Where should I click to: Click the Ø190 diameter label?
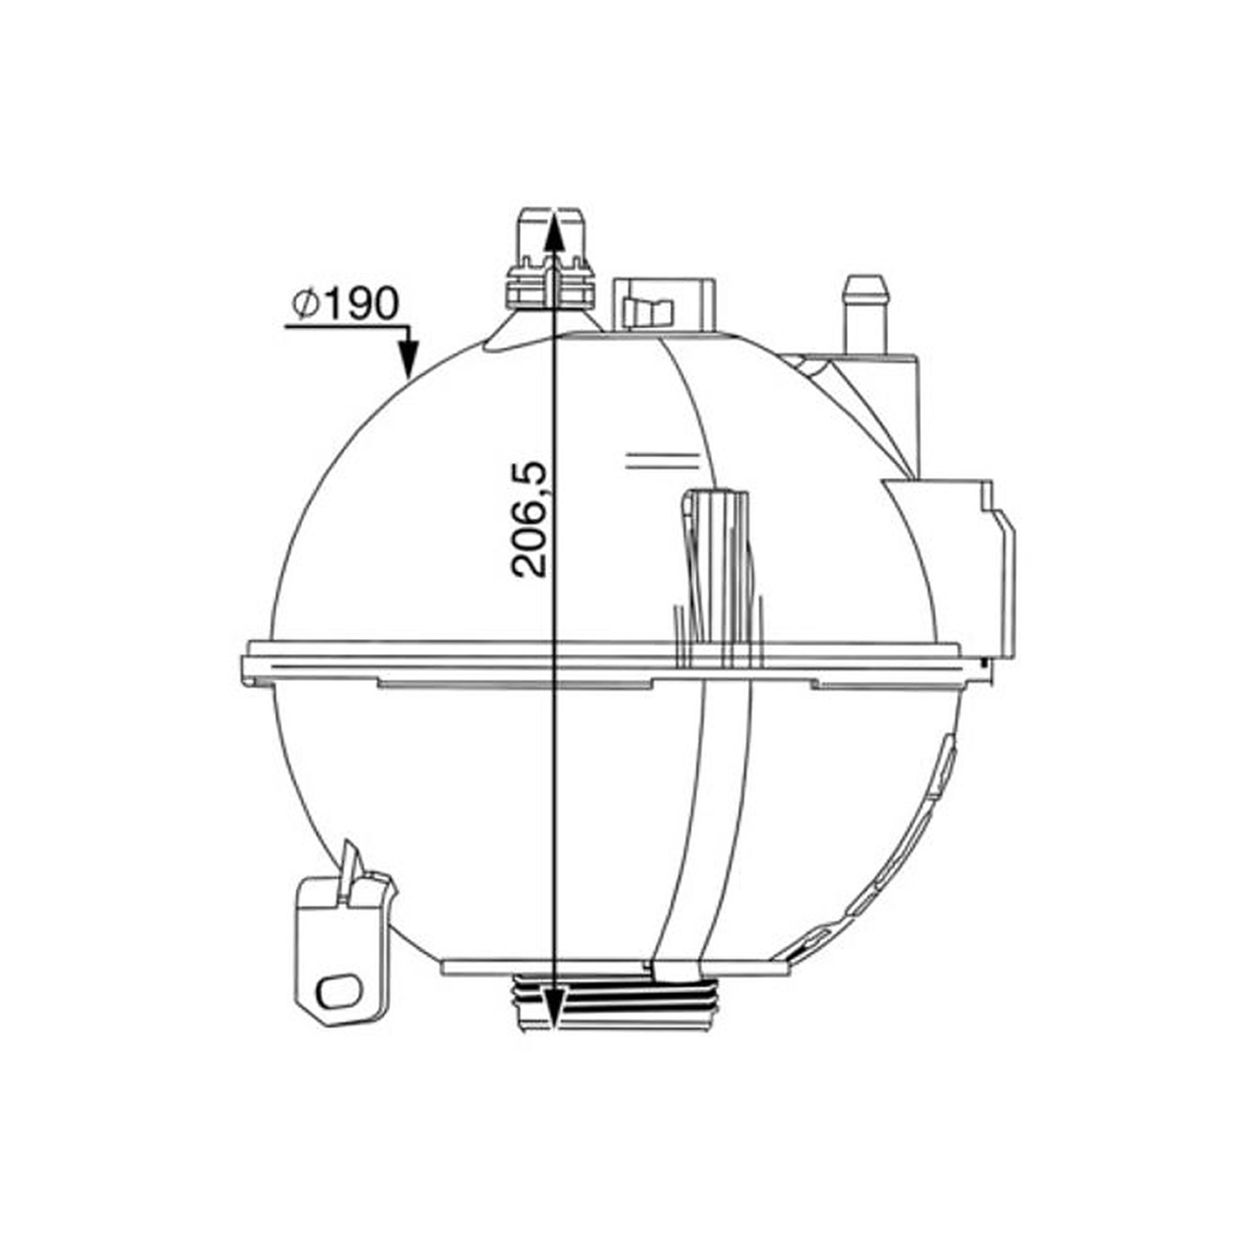(345, 304)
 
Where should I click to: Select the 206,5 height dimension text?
(529, 519)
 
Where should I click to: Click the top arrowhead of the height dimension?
(554, 229)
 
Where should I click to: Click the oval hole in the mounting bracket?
(338, 989)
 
